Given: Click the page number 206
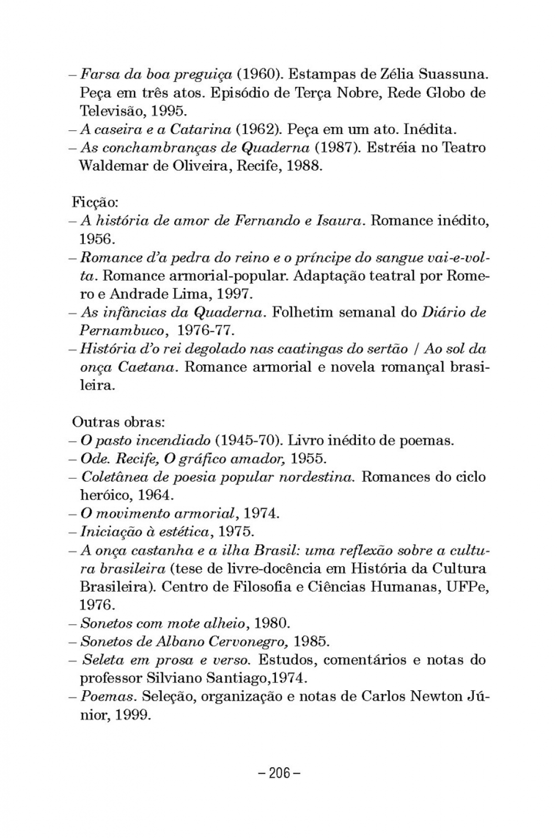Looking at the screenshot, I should [x=280, y=773].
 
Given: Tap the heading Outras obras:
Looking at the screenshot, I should [x=118, y=422].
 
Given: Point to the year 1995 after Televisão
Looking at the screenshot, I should [x=168, y=111].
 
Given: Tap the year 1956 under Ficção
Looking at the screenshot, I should [x=96, y=239].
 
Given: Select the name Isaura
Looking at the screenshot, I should [x=340, y=221].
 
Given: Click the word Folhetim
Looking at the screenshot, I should [x=303, y=312].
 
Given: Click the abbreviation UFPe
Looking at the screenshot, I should [x=468, y=587].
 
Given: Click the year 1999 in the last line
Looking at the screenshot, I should [x=132, y=715].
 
